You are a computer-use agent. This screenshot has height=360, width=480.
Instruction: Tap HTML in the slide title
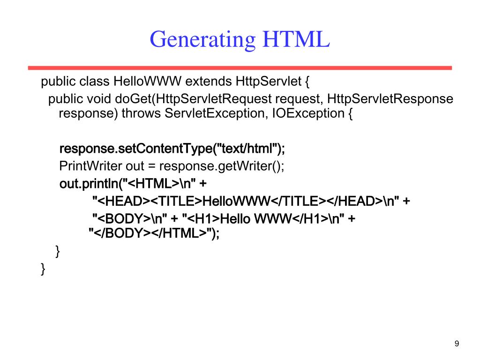tap(296, 39)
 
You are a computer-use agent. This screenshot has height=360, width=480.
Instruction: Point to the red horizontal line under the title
tap(240, 68)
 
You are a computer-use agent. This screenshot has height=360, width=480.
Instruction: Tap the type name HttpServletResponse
tap(390, 99)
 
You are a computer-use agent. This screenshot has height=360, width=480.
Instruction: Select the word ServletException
tap(216, 113)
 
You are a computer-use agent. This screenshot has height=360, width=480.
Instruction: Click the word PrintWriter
tap(90, 166)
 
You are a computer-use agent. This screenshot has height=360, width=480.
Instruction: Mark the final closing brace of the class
tap(44, 269)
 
